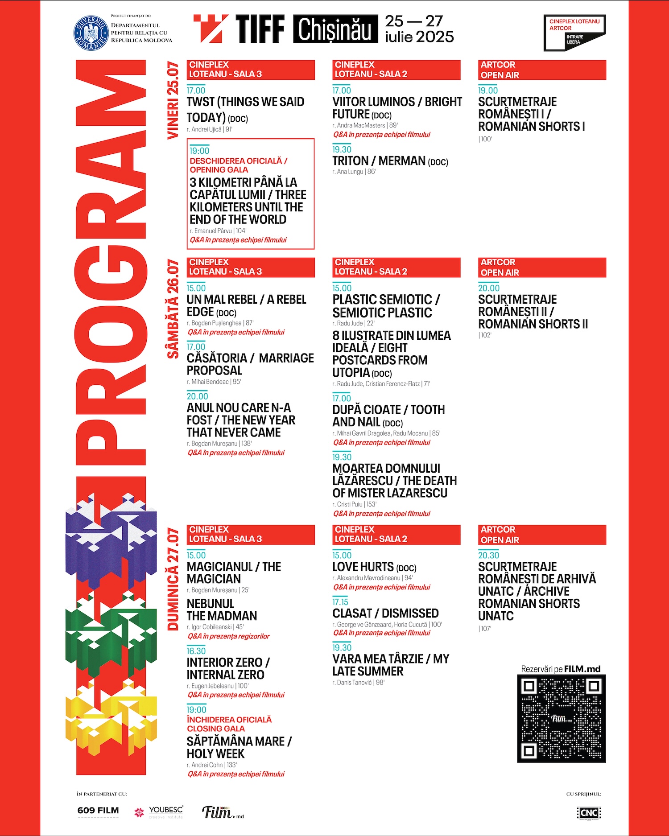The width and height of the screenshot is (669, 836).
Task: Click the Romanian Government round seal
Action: (91, 33)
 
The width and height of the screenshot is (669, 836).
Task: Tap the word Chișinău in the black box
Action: (334, 29)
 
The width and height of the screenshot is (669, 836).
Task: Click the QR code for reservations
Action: (561, 718)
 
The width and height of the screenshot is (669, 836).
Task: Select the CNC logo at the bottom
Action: (589, 812)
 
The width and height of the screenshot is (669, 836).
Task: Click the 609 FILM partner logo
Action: (98, 811)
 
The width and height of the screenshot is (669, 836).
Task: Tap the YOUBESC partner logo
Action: (159, 811)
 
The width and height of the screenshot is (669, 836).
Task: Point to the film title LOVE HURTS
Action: (363, 567)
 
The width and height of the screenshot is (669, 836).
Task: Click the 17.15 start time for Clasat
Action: (340, 602)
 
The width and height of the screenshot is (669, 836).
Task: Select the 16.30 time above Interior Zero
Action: (196, 651)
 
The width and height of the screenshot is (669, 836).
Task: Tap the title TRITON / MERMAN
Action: (379, 161)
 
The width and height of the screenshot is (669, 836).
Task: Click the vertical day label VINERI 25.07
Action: (173, 101)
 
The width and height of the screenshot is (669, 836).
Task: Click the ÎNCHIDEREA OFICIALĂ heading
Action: (229, 720)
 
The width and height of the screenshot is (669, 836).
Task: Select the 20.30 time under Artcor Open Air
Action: (488, 555)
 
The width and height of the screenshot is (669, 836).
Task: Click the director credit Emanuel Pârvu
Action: (213, 231)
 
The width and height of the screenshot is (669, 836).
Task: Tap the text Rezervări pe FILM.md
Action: (561, 669)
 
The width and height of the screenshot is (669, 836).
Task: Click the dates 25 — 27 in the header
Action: (414, 21)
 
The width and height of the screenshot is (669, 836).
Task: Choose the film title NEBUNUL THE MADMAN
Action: (222, 609)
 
